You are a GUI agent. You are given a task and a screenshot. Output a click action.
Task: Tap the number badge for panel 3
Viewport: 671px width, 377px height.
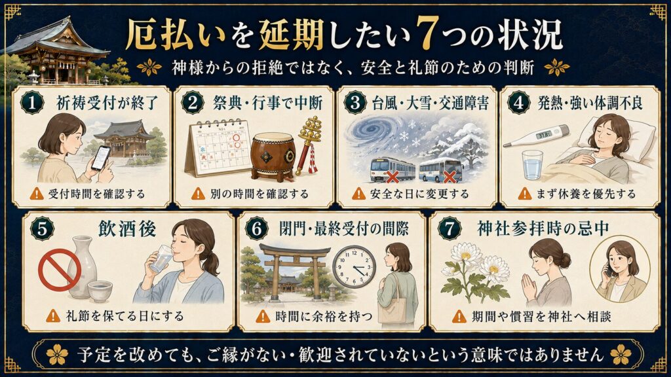[355, 103]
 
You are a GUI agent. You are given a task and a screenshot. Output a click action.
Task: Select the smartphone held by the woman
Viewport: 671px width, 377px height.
[101, 158]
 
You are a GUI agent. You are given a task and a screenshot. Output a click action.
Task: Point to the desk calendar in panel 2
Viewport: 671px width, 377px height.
[218, 147]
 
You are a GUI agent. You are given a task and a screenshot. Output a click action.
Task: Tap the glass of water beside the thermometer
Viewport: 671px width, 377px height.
[532, 164]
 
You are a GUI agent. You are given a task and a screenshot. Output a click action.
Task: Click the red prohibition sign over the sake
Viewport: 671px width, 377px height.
[60, 270]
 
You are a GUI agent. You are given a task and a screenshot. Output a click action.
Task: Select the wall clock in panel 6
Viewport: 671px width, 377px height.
[354, 267]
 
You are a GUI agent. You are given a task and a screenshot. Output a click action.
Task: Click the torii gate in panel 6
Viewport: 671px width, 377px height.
[295, 272]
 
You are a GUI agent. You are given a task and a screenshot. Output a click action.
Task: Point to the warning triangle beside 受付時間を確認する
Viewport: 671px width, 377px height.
[37, 194]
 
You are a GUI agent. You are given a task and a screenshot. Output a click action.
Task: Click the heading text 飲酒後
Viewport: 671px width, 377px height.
[127, 228]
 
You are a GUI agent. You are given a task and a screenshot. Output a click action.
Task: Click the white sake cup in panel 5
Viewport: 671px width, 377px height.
[100, 291]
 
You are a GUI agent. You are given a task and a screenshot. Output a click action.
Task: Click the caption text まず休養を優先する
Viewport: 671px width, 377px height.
[586, 194]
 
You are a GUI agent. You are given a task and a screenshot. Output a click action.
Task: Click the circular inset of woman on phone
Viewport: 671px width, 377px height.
[620, 269]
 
